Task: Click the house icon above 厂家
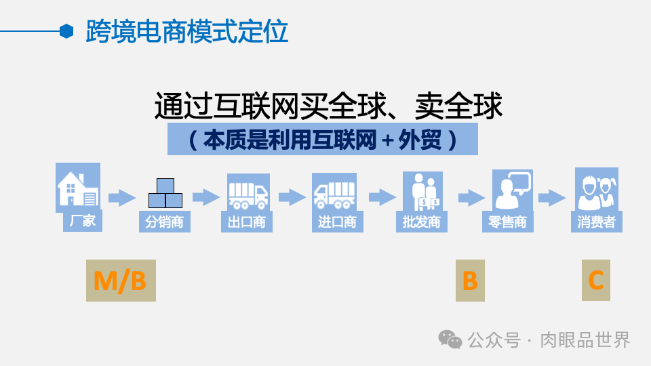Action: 78,188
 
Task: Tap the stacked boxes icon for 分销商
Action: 165,193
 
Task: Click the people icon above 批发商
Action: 422,191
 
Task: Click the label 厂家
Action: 83,222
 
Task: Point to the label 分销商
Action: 165,222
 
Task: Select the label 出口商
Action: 248,222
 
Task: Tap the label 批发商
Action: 421,222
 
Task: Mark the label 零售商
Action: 507,222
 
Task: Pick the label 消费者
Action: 596,222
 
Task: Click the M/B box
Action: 121,281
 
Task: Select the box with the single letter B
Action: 470,281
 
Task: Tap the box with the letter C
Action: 595,280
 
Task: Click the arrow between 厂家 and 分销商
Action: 122,198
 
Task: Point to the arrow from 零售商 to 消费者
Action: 552,198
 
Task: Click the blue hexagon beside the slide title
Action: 66,31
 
